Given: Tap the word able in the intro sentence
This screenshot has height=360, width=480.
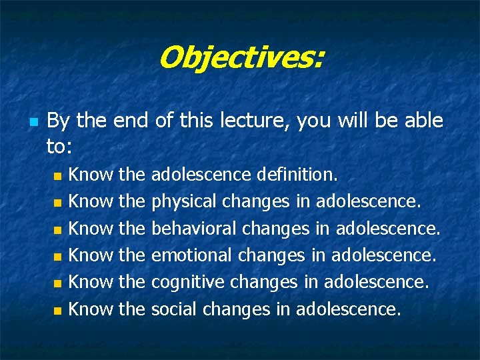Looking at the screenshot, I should click(419, 121).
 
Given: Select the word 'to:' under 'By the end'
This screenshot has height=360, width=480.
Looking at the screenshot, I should click(60, 145).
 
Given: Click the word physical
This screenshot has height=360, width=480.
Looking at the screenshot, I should click(185, 201).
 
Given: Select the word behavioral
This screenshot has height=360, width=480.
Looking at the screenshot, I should click(195, 228).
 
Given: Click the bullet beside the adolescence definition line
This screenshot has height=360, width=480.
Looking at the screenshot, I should click(57, 177).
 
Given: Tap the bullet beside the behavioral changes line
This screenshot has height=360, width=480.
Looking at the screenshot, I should click(57, 230).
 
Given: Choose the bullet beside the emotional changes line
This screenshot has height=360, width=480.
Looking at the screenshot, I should click(57, 257).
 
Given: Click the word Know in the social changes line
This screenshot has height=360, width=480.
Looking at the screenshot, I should click(91, 309).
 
